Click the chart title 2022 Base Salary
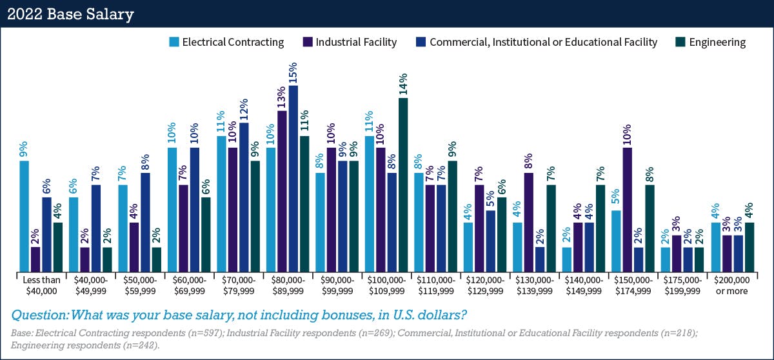71,14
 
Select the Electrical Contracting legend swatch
174,42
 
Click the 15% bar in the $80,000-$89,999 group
293,178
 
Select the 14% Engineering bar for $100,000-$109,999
403,185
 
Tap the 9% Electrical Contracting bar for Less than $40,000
25,215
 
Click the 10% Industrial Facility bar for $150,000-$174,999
628,209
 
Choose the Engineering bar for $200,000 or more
749,246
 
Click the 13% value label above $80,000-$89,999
281,97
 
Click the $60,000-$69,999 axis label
189,285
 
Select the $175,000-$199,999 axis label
682,285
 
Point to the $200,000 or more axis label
731,285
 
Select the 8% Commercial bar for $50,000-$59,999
145,221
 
